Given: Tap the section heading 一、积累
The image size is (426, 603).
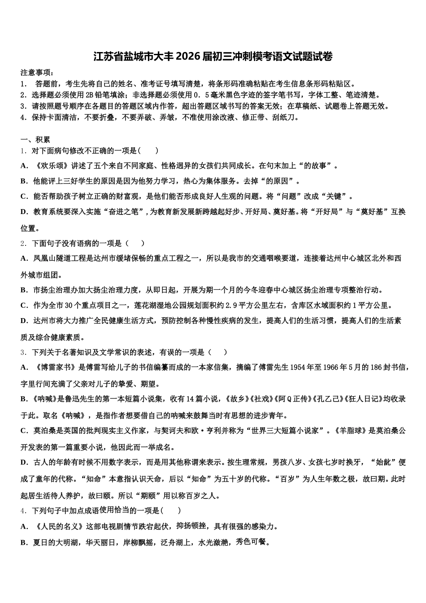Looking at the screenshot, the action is [35, 140].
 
